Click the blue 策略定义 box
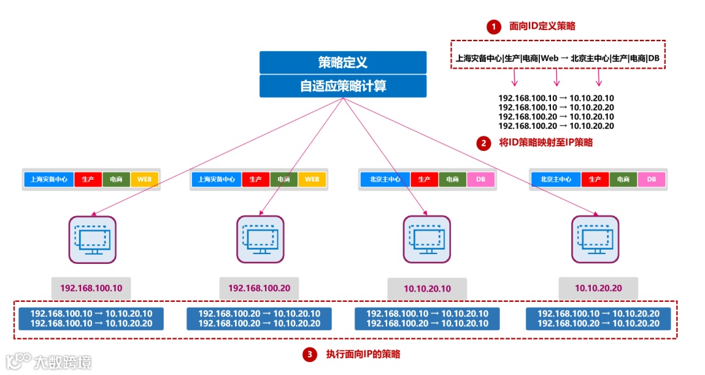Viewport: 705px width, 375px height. pyautogui.click(x=343, y=62)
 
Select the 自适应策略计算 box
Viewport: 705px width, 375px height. pyautogui.click(x=343, y=86)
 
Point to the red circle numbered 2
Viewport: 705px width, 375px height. pyautogui.click(x=483, y=143)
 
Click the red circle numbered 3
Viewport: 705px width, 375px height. pyautogui.click(x=309, y=355)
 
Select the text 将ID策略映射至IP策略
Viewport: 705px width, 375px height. pyautogui.click(x=546, y=142)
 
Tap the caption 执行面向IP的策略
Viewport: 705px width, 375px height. pyautogui.click(x=363, y=355)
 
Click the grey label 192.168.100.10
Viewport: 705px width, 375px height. pyautogui.click(x=91, y=287)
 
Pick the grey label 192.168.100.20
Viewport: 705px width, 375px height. pyautogui.click(x=259, y=287)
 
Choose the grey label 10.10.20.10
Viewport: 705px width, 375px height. pyautogui.click(x=427, y=288)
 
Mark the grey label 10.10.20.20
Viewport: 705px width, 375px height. pyautogui.click(x=598, y=287)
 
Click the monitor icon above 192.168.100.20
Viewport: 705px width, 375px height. pyautogui.click(x=260, y=239)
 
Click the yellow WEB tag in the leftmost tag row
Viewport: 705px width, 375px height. pyautogui.click(x=144, y=179)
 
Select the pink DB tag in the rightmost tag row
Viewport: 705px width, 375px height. pyautogui.click(x=651, y=179)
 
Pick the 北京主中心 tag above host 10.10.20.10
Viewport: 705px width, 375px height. pyautogui.click(x=385, y=179)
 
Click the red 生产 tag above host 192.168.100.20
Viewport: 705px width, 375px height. pyautogui.click(x=255, y=179)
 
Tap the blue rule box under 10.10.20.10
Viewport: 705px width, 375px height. pyautogui.click(x=427, y=319)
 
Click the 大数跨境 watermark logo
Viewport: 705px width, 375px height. pyautogui.click(x=49, y=361)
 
